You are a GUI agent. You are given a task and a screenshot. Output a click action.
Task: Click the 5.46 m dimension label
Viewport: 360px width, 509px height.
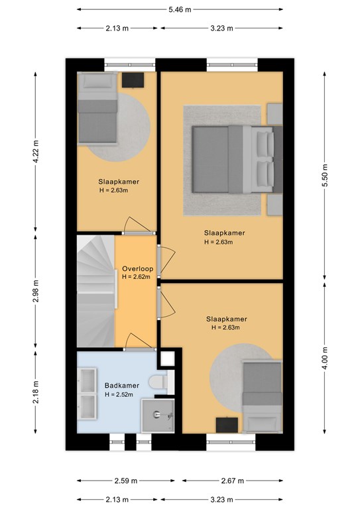pos(180,10)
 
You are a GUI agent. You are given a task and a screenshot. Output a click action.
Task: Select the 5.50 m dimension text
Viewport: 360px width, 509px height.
pos(325,175)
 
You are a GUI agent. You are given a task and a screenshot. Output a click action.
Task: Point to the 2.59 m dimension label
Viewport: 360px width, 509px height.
pos(126,481)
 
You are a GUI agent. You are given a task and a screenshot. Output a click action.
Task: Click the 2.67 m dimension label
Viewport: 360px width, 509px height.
pos(233,481)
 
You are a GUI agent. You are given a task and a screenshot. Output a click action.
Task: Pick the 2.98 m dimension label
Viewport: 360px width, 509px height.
pos(36,291)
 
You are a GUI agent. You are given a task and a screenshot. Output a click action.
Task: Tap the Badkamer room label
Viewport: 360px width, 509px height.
pos(122,386)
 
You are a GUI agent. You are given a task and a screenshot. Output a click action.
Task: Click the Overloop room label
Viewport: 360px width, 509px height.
pos(138,269)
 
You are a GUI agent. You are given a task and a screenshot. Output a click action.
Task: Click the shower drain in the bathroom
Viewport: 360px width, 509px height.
pos(157,414)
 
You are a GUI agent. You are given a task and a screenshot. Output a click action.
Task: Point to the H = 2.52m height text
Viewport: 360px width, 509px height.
pos(119,394)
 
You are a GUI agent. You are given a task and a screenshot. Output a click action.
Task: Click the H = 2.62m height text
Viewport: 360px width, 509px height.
pos(136,277)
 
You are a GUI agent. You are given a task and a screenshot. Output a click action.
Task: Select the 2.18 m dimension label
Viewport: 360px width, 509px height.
pos(36,392)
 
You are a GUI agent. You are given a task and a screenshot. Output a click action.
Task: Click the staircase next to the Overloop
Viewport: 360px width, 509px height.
pos(96,291)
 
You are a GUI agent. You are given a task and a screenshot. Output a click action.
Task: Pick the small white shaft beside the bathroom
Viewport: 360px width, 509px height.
pos(168,359)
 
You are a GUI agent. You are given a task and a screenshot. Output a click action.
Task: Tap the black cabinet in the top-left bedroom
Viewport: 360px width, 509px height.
pos(133,80)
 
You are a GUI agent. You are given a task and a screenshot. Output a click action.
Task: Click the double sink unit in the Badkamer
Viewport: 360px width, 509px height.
pos(87,394)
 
